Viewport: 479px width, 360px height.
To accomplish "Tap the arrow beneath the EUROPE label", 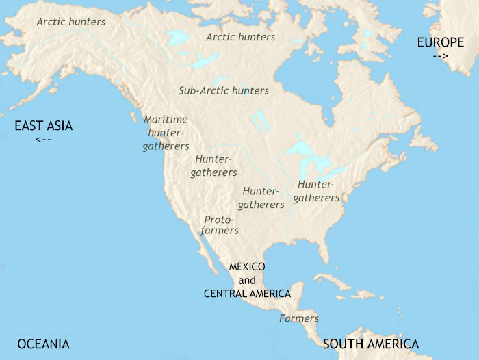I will [441, 56].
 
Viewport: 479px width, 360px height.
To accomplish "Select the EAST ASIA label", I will [44, 126].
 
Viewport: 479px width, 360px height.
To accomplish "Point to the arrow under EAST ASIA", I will [42, 140].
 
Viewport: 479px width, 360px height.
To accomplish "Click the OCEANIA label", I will [44, 344].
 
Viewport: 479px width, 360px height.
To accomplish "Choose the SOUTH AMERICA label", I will [371, 344].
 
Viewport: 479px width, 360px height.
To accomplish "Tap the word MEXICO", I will [247, 267].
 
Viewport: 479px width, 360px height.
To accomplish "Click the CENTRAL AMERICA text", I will [247, 293].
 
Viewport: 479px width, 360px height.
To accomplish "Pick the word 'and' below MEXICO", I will [247, 280].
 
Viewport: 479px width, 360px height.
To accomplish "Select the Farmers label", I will [299, 318].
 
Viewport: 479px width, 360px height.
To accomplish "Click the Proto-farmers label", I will [220, 225].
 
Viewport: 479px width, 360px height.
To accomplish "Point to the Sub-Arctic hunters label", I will [224, 90].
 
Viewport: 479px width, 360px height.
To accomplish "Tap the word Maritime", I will [166, 119].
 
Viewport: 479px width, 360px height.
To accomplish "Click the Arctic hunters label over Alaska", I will [71, 22].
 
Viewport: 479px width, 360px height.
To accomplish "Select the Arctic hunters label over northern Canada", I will [241, 37].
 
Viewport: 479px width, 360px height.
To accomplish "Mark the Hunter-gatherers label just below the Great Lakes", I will [317, 191].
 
